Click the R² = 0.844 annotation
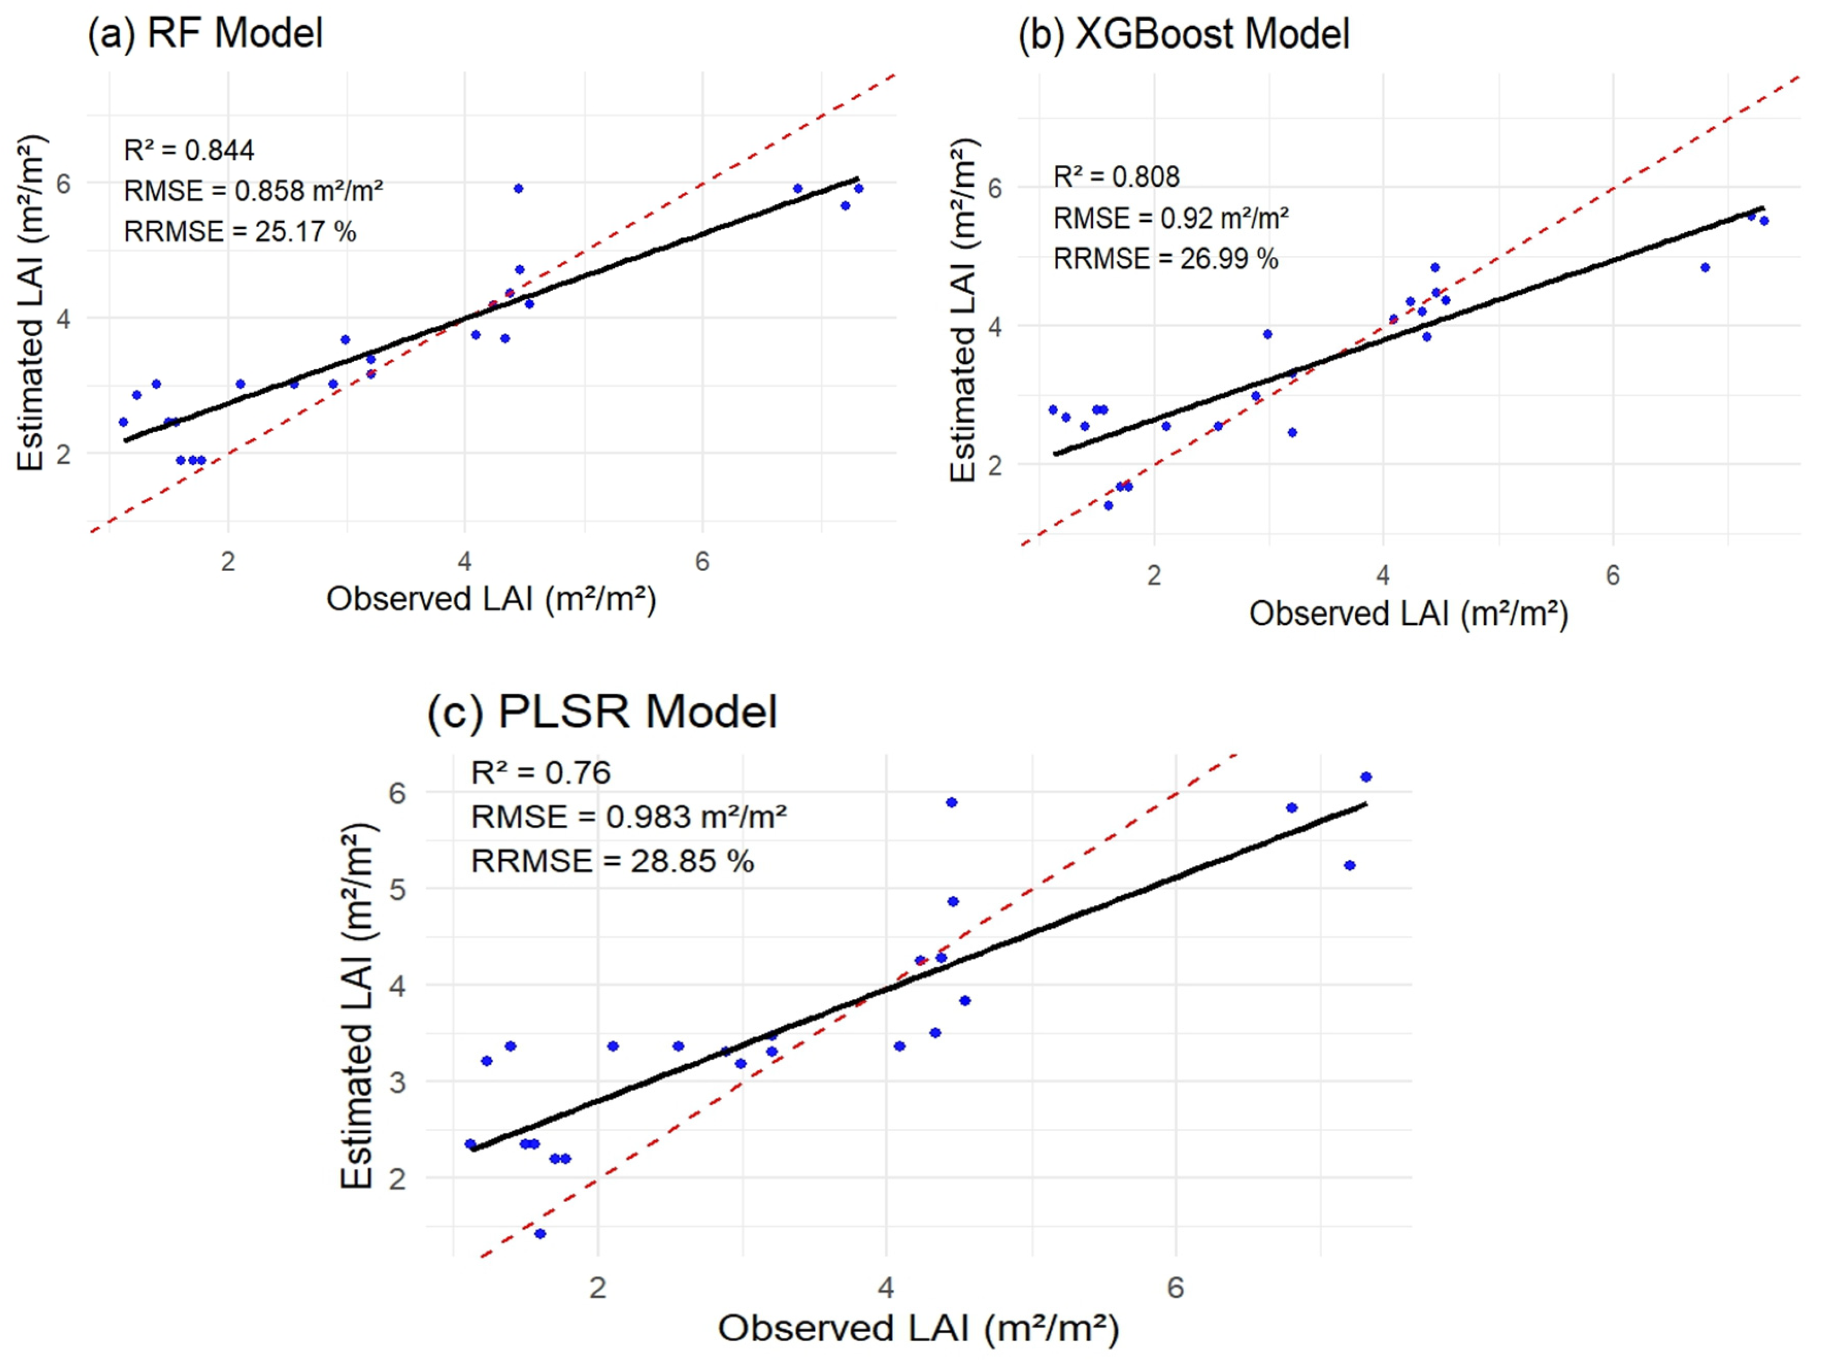coord(188,151)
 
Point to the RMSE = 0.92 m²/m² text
coord(1170,218)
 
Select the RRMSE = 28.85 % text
coord(612,861)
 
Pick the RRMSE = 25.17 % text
coord(240,232)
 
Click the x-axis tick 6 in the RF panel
coord(702,562)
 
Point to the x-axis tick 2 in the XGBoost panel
coord(1154,575)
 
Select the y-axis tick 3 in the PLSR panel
coord(398,1082)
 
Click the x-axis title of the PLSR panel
coord(918,1329)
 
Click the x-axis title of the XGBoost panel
coord(1408,614)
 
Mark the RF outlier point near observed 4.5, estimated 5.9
coord(518,188)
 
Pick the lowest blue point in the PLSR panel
coord(540,1234)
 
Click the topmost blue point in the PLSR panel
coord(1366,777)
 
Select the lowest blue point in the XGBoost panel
coord(1109,505)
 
